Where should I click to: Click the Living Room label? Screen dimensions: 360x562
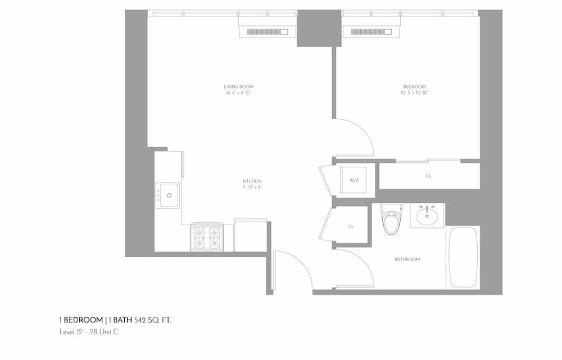(x=238, y=87)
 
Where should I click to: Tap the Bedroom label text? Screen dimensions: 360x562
(x=415, y=87)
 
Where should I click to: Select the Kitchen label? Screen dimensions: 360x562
(x=252, y=181)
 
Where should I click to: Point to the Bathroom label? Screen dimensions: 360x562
(x=407, y=259)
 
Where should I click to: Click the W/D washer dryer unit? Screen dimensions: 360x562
(x=354, y=181)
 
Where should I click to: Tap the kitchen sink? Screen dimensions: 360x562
(x=168, y=195)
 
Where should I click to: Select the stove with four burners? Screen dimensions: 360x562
(x=207, y=238)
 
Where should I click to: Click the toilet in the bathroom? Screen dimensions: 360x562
(x=392, y=221)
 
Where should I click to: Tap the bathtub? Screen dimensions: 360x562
(x=463, y=257)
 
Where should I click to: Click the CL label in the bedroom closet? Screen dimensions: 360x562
(x=429, y=176)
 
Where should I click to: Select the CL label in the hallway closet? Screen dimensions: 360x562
(x=351, y=226)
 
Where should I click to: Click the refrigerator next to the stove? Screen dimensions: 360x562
(x=250, y=236)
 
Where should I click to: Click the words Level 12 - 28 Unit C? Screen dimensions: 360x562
(x=89, y=332)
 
